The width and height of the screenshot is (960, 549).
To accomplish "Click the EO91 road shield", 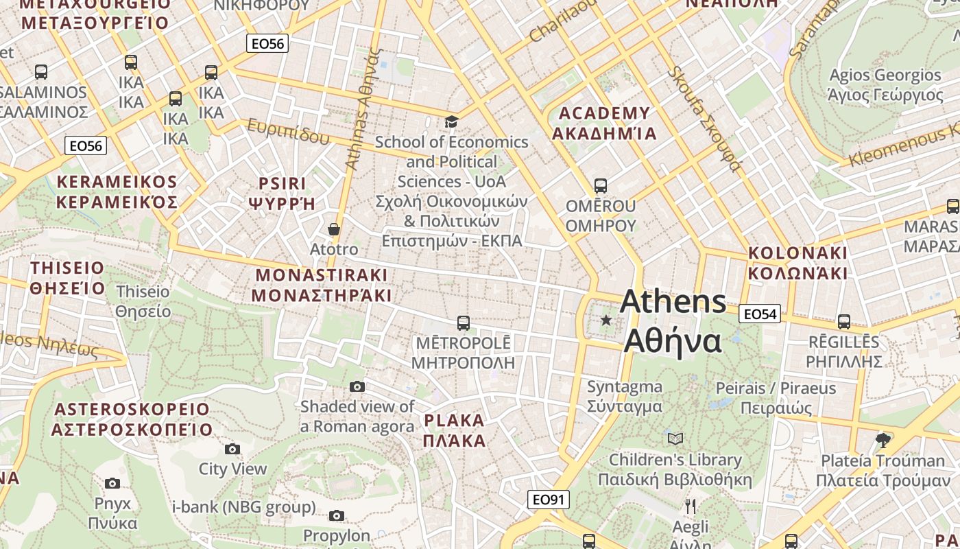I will click(549, 500).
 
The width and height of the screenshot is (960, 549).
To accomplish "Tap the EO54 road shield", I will click(760, 314).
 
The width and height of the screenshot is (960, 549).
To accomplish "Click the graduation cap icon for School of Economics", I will click(451, 122).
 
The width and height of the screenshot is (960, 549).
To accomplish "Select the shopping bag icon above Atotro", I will click(334, 229).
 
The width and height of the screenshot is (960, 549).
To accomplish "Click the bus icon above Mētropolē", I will click(464, 323).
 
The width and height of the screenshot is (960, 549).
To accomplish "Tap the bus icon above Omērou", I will click(601, 185).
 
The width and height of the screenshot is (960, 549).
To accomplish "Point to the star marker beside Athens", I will click(606, 320).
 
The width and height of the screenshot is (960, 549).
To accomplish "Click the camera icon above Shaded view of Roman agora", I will click(357, 386).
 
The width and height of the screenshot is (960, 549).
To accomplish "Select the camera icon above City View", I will click(232, 449).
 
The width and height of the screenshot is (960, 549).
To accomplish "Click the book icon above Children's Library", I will click(675, 438).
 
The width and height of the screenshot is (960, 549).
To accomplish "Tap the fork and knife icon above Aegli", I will click(691, 506).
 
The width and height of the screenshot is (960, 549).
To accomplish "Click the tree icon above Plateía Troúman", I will click(883, 439).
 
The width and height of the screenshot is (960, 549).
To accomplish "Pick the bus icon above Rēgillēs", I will click(844, 321).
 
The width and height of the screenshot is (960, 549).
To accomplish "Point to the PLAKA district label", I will click(455, 430).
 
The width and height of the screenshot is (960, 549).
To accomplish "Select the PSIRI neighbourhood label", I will click(282, 194).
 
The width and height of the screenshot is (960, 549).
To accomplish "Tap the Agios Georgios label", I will click(885, 84).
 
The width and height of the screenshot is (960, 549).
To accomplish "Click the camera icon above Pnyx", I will click(112, 483).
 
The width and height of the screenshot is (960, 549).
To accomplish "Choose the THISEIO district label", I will click(67, 278).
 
